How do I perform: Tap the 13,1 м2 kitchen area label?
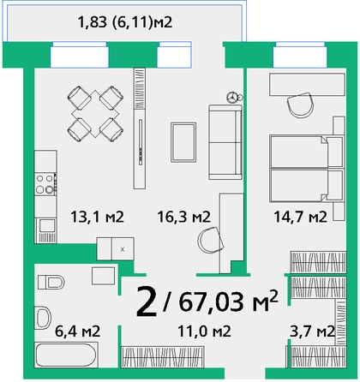pyautogui.click(x=97, y=217)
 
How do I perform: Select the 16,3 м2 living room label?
pyautogui.click(x=184, y=217)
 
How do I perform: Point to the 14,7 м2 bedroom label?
pyautogui.click(x=300, y=217)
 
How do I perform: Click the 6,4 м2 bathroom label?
pyautogui.click(x=77, y=331)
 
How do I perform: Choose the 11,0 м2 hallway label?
pyautogui.click(x=204, y=331)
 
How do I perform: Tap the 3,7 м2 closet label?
pyautogui.click(x=312, y=331)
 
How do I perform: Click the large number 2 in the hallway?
pyautogui.click(x=147, y=301)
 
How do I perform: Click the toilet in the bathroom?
pyautogui.click(x=51, y=282)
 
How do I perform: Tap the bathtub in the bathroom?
pyautogui.click(x=66, y=355)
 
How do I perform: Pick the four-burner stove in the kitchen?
pyautogui.click(x=45, y=184)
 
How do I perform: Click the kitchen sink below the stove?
pyautogui.click(x=45, y=230)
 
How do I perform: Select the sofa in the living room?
pyautogui.click(x=225, y=142)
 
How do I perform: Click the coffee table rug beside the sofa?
pyautogui.click(x=183, y=142)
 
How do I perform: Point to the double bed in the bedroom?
pyautogui.click(x=306, y=169)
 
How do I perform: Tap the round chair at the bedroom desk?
pyautogui.click(x=302, y=105)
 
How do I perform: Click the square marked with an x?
pyautogui.click(x=123, y=249)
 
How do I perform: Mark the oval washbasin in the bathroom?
pyautogui.click(x=43, y=318)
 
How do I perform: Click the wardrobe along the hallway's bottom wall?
pyautogui.click(x=163, y=357)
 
